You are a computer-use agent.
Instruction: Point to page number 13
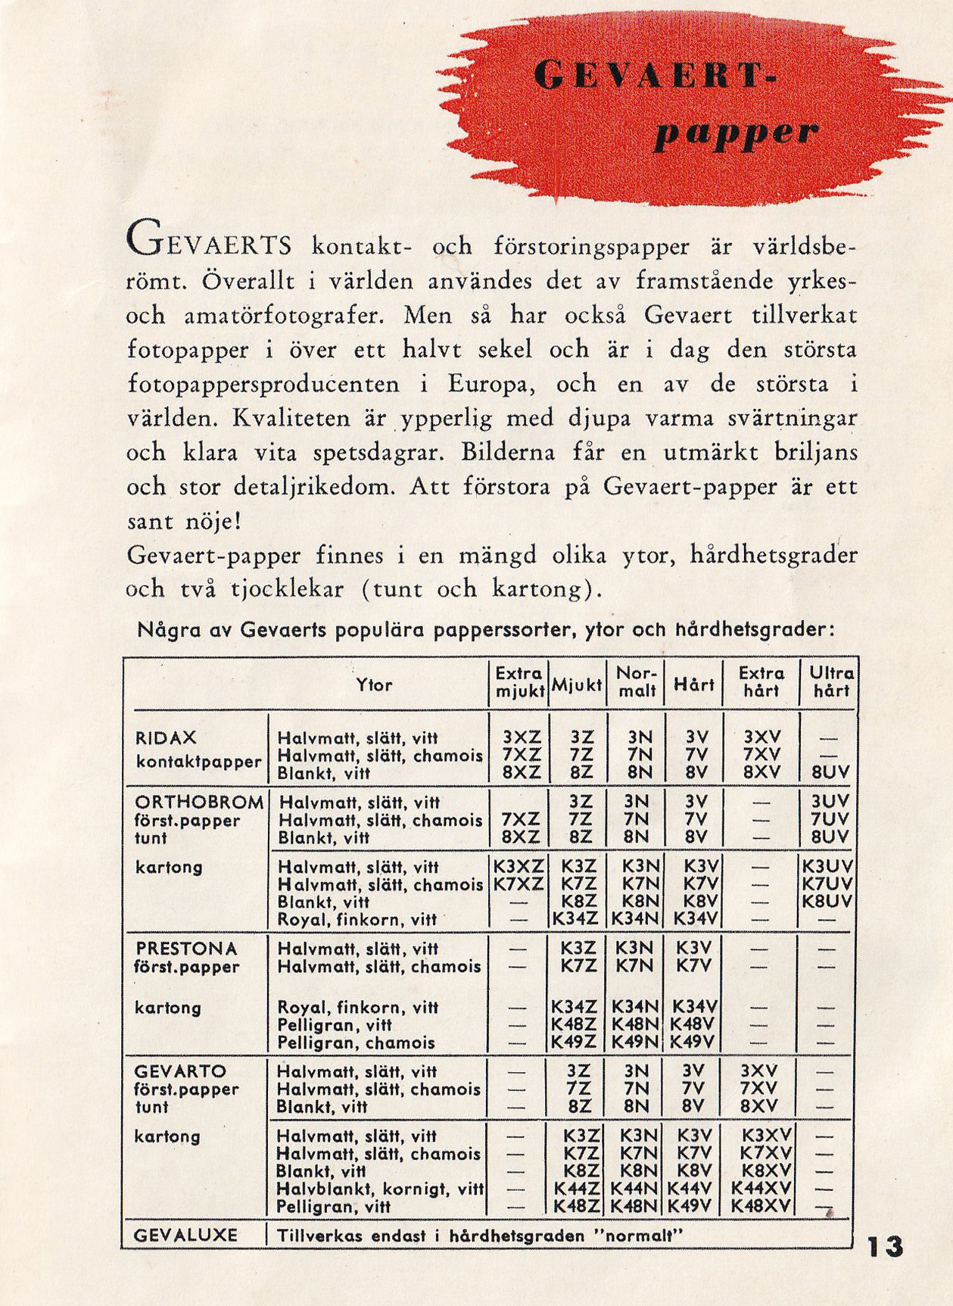885,1246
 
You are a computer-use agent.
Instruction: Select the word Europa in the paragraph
492,385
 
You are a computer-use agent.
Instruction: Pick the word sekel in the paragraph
506,351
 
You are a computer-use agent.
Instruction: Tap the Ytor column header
374,685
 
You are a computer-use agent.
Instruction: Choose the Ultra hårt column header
831,681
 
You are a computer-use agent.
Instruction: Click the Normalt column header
636,681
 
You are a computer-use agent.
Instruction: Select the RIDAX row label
166,738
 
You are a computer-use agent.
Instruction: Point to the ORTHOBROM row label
199,803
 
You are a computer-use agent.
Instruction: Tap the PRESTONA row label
186,949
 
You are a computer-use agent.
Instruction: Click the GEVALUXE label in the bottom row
185,1236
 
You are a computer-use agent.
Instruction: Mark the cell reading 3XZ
522,738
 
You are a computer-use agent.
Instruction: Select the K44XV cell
761,1189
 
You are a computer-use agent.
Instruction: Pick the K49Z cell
574,1043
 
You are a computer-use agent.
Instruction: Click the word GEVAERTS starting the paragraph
208,246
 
